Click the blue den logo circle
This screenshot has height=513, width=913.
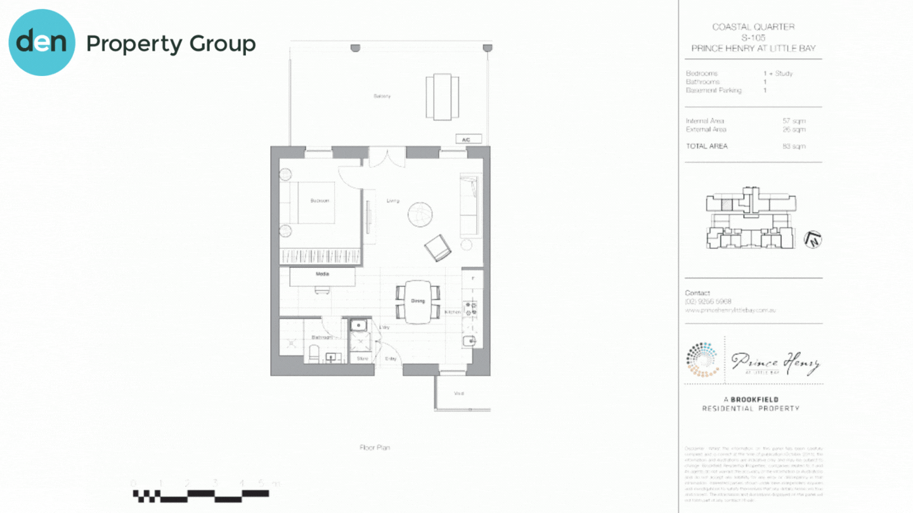[x=42, y=42]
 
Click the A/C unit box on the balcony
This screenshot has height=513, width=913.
[x=468, y=139]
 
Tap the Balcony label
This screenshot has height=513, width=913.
[x=382, y=96]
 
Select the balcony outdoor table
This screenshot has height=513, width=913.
[x=443, y=96]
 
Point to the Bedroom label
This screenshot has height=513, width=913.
[x=320, y=201]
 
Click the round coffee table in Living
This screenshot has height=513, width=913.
[x=420, y=213]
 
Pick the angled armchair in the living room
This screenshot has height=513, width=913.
[x=437, y=248]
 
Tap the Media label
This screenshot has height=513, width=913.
[x=322, y=275]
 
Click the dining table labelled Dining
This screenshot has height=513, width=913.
[x=418, y=301]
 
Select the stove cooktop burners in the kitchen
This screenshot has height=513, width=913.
[x=472, y=308]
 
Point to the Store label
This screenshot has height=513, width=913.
[x=362, y=359]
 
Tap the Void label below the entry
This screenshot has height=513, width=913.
[x=458, y=394]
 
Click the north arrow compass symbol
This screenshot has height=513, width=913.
[x=813, y=240]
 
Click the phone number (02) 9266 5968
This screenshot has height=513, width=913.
[x=708, y=301]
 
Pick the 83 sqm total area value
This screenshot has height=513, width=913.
[x=794, y=146]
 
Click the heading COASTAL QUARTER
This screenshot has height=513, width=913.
[x=753, y=27]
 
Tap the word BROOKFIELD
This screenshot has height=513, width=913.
[x=754, y=400]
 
